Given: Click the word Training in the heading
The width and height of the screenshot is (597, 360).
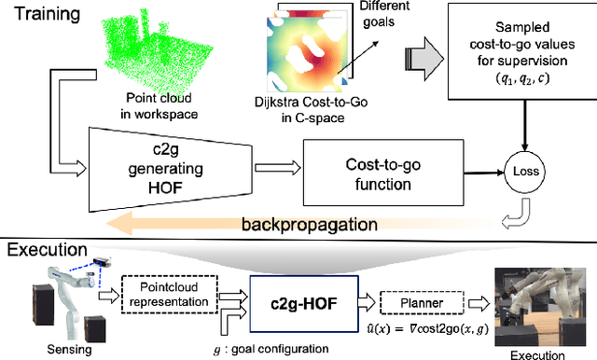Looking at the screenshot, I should pos(44,16).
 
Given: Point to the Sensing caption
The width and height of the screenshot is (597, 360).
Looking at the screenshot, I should pos(53,349).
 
